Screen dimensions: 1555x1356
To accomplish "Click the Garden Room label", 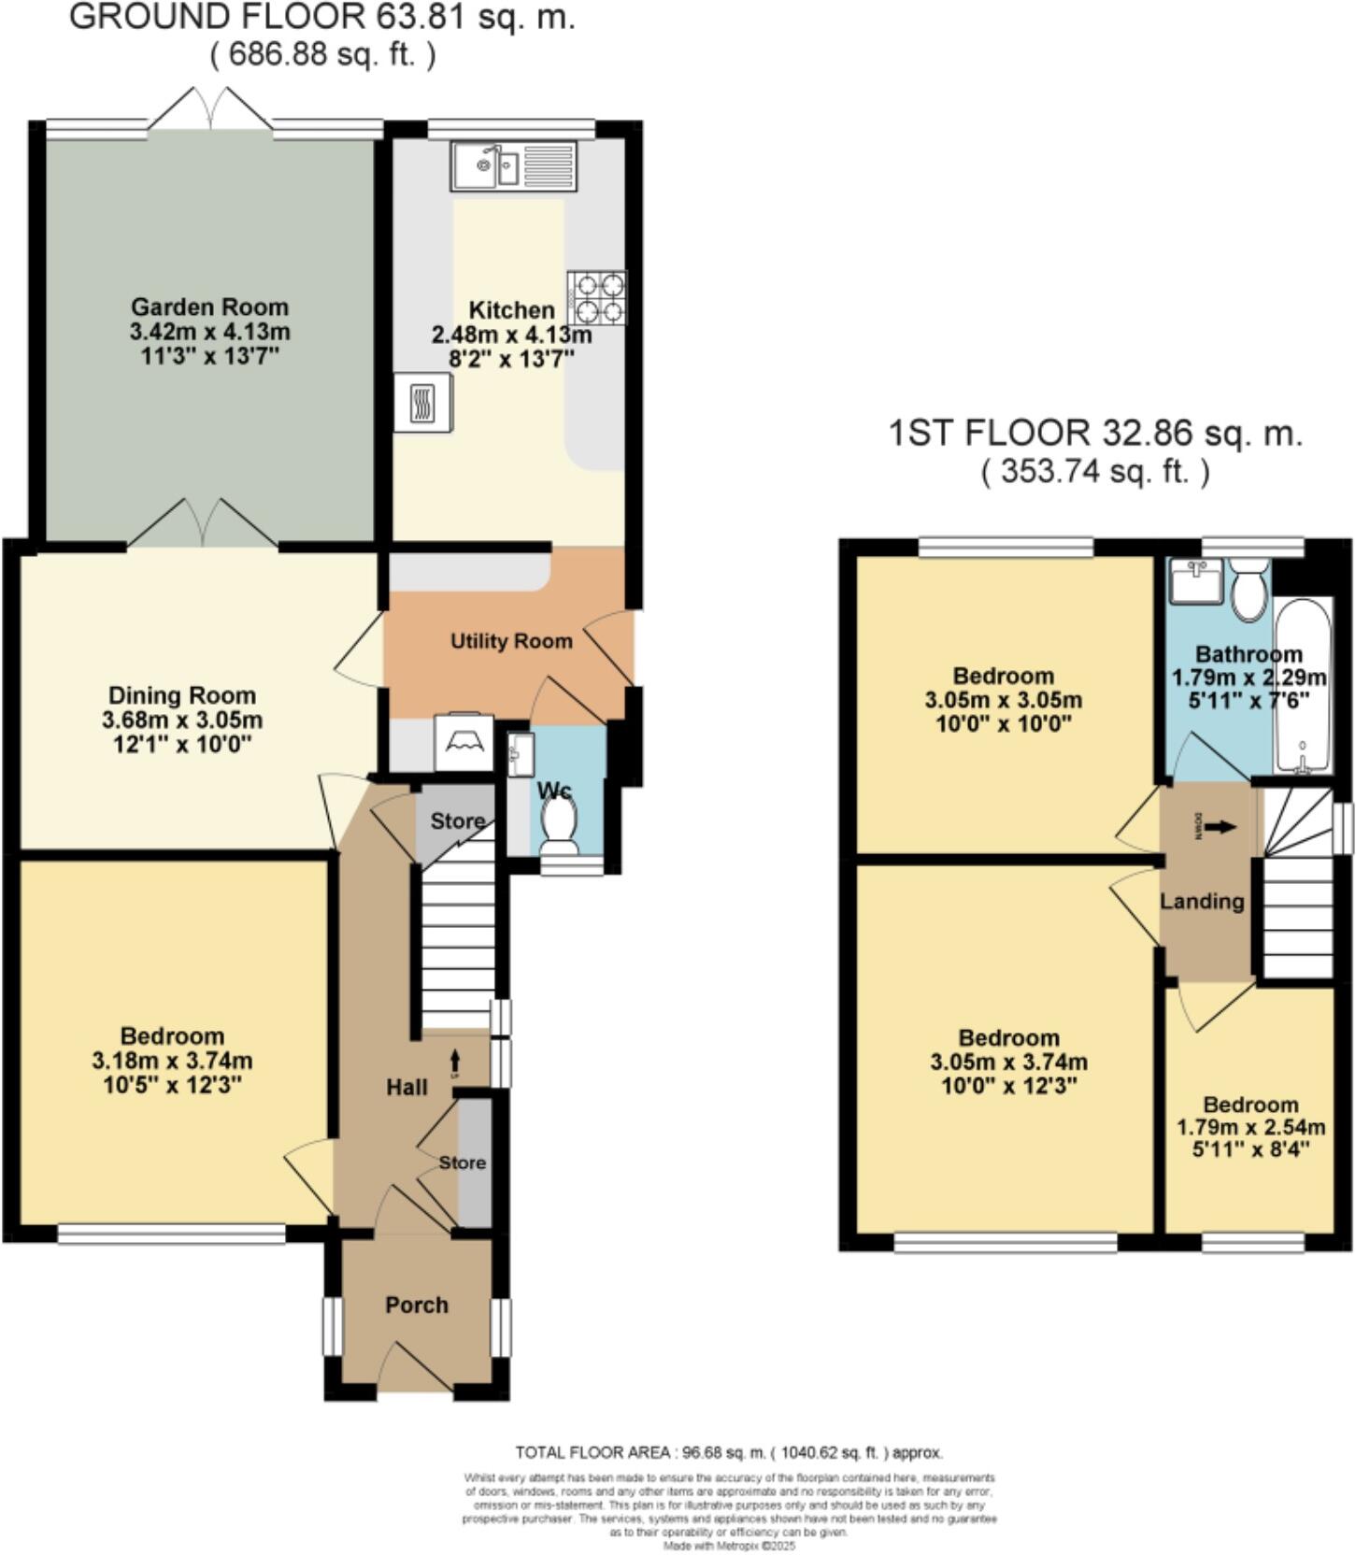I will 209,307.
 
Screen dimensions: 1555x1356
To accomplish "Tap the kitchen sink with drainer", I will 513,166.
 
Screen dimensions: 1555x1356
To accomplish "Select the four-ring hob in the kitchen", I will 596,297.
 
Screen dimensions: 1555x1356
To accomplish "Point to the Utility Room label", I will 511,641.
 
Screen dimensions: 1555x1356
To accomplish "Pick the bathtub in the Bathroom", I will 1303,687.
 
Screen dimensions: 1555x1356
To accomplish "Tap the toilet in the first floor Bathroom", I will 1248,588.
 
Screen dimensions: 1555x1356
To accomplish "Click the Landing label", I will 1202,901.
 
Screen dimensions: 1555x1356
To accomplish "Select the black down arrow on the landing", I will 1220,827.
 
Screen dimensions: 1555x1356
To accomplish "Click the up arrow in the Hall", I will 456,1060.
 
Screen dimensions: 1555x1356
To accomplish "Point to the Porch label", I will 417,1305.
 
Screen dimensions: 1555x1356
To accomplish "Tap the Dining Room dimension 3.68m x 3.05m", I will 182,720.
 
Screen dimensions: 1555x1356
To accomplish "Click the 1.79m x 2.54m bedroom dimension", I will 1250,1127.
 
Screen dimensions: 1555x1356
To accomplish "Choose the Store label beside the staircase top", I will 457,820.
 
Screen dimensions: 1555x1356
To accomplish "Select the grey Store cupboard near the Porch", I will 475,1163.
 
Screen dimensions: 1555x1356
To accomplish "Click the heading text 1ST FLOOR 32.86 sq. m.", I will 1094,434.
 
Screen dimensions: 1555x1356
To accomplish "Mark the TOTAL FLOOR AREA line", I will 729,1452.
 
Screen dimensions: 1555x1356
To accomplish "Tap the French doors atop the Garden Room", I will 213,109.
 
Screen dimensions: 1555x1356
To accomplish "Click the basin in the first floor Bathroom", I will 1195,582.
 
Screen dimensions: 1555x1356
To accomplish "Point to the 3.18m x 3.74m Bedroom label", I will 172,1061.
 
